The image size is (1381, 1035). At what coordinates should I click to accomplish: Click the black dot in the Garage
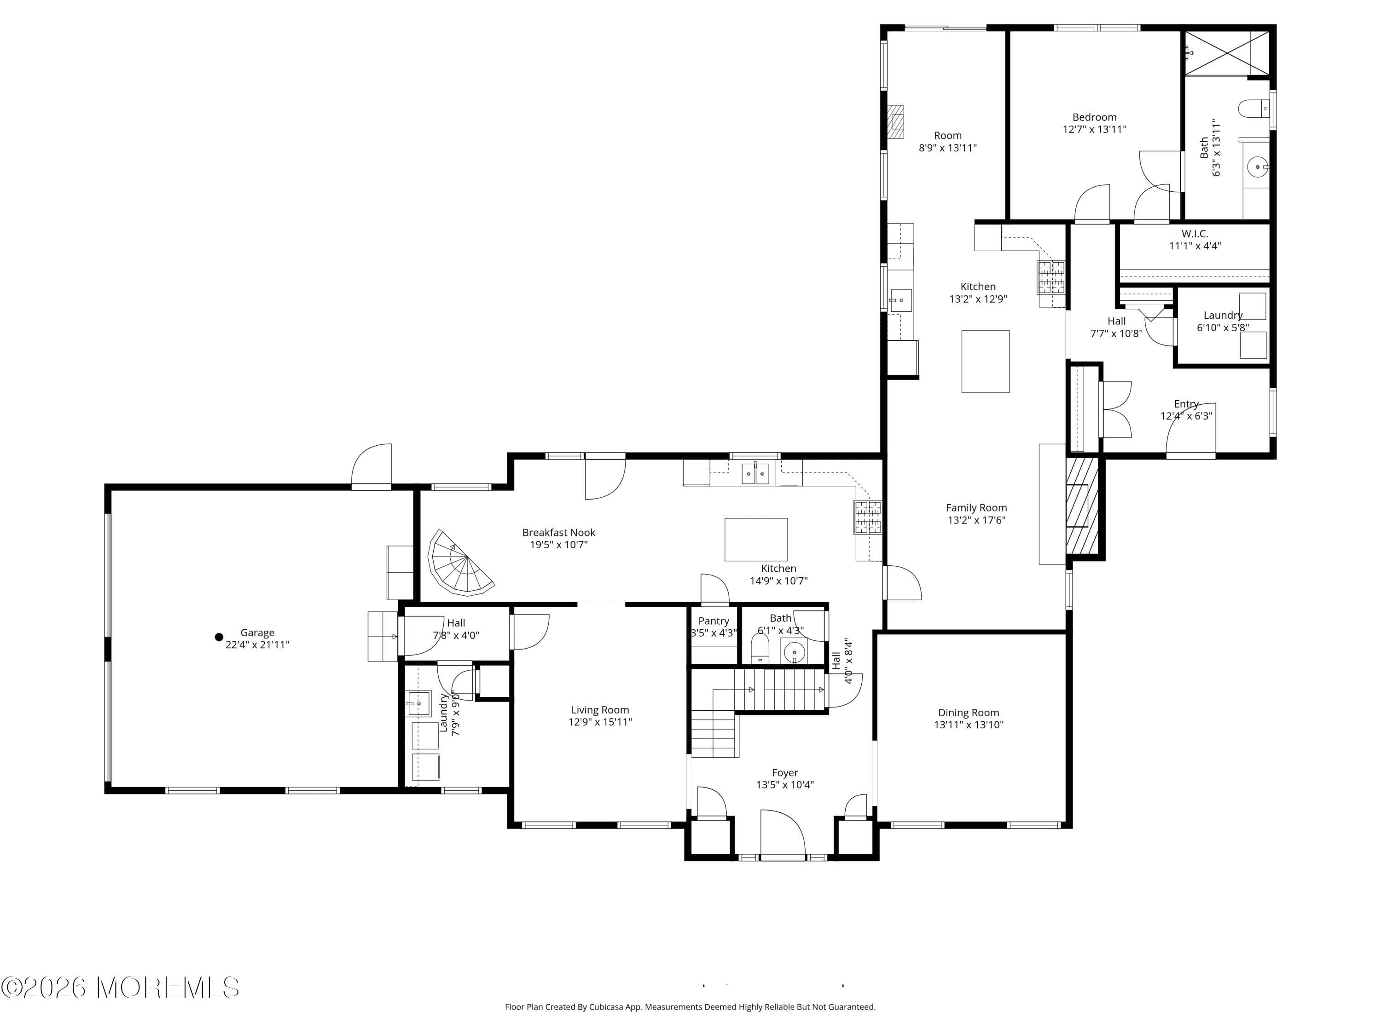219,637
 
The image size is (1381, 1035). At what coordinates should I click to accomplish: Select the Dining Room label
969,713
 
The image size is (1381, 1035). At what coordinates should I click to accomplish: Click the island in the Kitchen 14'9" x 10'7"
755,540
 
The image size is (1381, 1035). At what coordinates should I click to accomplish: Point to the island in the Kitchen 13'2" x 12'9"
985,361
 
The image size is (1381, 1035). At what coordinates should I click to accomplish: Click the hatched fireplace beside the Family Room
1081,506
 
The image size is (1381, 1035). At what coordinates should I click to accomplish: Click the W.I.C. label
1194,234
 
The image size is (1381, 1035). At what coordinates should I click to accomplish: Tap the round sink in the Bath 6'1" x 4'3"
794,653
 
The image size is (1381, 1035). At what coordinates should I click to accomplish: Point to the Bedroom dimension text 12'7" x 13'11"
1094,129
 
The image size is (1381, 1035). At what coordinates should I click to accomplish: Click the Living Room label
600,710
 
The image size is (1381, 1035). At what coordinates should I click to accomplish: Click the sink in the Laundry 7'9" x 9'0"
419,703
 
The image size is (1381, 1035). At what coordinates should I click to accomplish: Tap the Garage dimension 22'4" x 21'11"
257,644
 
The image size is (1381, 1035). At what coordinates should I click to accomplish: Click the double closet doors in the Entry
1116,409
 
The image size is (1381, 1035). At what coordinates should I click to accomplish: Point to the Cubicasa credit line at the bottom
690,1006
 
